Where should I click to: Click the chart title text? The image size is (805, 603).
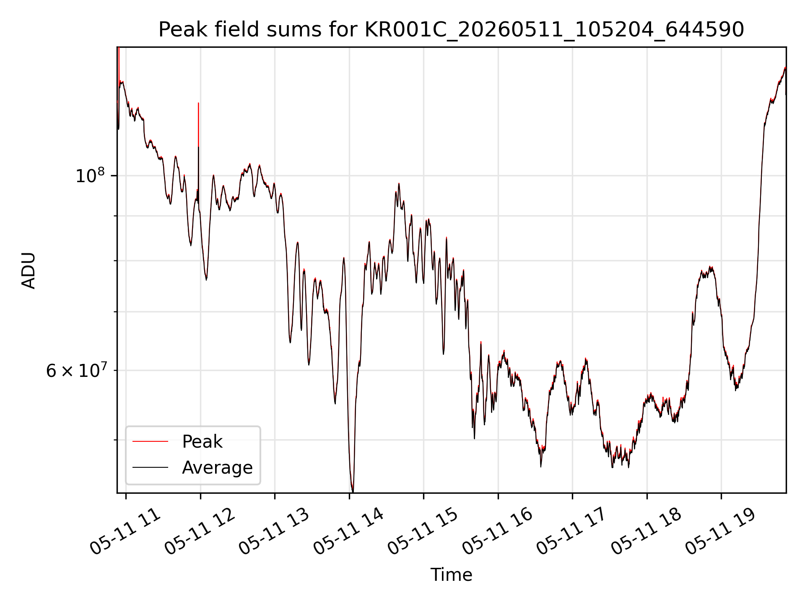click(451, 30)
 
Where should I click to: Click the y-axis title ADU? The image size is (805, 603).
click(29, 270)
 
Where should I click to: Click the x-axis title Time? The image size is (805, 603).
click(451, 575)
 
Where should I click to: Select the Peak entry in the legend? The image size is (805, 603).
click(202, 442)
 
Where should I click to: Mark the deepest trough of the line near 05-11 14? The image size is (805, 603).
click(353, 491)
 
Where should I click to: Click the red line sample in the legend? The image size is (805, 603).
click(150, 441)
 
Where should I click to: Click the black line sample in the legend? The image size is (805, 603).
click(150, 467)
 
